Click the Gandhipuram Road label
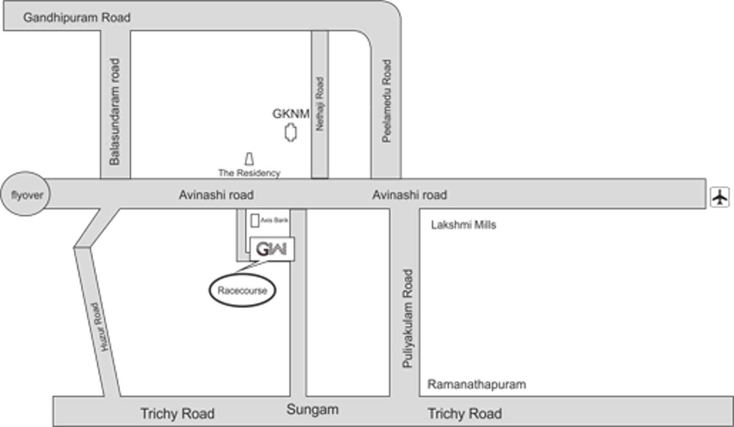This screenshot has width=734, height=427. pyautogui.click(x=76, y=18)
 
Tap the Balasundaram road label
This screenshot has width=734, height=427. pyautogui.click(x=114, y=111)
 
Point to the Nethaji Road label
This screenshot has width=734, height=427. pyautogui.click(x=320, y=104)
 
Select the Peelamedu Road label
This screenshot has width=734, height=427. pyautogui.click(x=387, y=101)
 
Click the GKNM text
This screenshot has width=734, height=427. pyautogui.click(x=291, y=114)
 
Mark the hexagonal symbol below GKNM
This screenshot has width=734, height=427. pyautogui.click(x=291, y=132)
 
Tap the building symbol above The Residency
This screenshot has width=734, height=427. pyautogui.click(x=249, y=158)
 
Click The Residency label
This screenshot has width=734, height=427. pyautogui.click(x=249, y=173)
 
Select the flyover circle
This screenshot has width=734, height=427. pyautogui.click(x=26, y=194)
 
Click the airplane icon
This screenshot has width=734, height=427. pyautogui.click(x=720, y=196)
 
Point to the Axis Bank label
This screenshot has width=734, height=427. pyautogui.click(x=274, y=220)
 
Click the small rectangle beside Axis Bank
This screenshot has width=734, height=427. pyautogui.click(x=255, y=220)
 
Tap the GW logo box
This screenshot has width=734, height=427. pyautogui.click(x=272, y=249)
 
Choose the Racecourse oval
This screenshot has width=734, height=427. pyautogui.click(x=242, y=290)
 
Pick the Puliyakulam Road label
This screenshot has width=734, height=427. pyautogui.click(x=408, y=318)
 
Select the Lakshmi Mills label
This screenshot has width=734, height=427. pyautogui.click(x=463, y=225)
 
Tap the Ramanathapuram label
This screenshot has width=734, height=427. pyautogui.click(x=477, y=384)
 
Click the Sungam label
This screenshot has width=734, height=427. pyautogui.click(x=312, y=409)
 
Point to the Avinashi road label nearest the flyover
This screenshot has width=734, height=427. pyautogui.click(x=216, y=195)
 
